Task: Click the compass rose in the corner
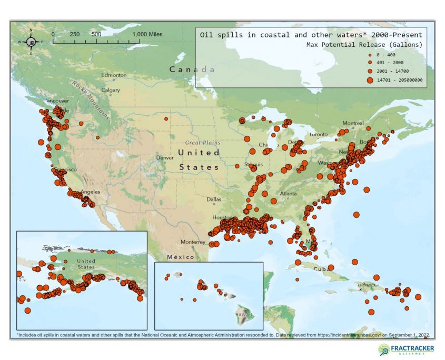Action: click(x=31, y=42)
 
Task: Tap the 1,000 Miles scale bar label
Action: click(x=147, y=34)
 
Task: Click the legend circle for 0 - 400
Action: click(x=370, y=55)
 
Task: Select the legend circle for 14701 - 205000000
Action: click(x=370, y=80)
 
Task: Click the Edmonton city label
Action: click(x=114, y=75)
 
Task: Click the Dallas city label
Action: click(x=214, y=199)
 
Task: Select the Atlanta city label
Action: click(x=288, y=193)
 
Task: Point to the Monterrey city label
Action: click(x=192, y=242)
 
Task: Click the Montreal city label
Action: click(x=353, y=123)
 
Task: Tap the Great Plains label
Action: click(x=203, y=143)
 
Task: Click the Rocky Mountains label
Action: click(x=91, y=99)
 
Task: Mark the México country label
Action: click(x=180, y=257)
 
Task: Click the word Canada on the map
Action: click(x=192, y=69)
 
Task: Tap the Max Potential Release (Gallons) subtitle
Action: click(x=364, y=45)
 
